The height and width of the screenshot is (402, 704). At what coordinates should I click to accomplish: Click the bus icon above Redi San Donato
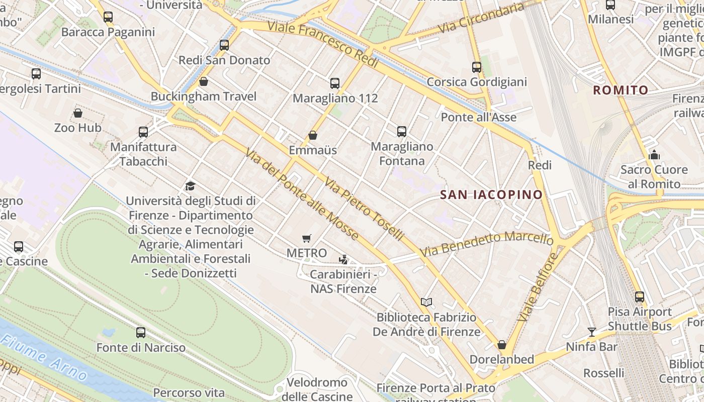(224, 45)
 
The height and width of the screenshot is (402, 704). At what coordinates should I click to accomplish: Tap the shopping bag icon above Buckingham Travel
(204, 81)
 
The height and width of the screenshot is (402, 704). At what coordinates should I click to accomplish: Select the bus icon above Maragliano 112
(335, 83)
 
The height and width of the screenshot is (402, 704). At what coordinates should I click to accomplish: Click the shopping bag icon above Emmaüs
(313, 135)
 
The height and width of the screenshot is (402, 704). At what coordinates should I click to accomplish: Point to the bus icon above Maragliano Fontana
(401, 132)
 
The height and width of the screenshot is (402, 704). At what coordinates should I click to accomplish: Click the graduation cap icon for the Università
(190, 186)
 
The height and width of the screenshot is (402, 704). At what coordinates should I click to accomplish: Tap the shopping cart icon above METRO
(307, 238)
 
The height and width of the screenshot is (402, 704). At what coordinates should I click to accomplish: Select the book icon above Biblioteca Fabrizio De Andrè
(426, 302)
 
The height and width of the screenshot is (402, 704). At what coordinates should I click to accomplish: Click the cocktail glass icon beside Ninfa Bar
(592, 332)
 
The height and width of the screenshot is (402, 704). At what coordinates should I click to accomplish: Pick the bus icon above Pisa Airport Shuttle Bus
(639, 297)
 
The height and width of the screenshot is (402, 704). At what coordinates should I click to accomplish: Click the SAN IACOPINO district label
(491, 195)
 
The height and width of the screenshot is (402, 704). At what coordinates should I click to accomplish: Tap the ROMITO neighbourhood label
(621, 90)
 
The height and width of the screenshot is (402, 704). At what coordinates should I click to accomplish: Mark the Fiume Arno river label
(44, 358)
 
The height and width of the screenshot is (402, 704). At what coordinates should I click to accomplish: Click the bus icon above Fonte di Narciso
(141, 333)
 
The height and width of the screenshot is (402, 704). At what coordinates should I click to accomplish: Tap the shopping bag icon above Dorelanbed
(501, 345)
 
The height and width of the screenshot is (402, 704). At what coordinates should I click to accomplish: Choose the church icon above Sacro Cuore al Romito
(654, 155)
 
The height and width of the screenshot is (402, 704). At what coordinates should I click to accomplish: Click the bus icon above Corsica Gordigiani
(476, 67)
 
